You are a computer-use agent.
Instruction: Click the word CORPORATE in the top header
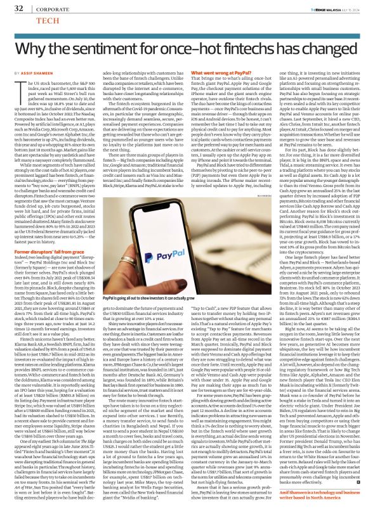point(43,8)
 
